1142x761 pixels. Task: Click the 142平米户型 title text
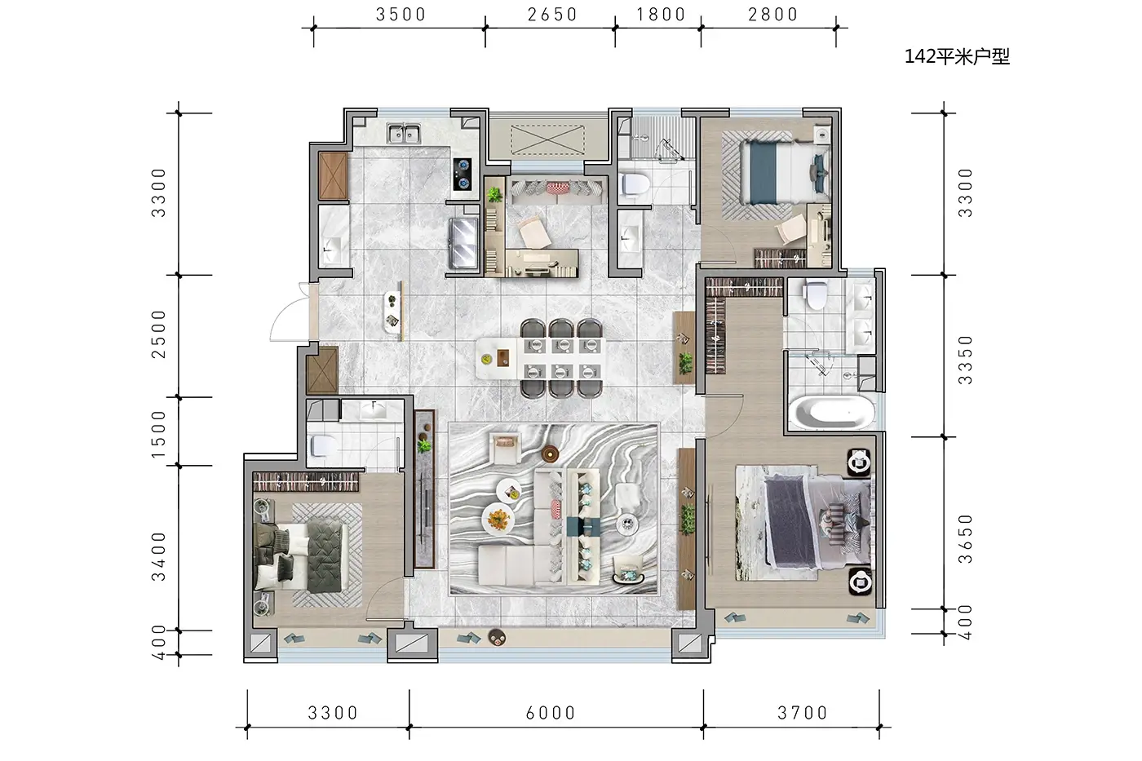point(957,56)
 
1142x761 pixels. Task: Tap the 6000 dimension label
point(551,713)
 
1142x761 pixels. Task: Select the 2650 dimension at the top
point(552,14)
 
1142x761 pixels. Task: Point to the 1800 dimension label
point(661,14)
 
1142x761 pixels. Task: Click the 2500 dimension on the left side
point(158,334)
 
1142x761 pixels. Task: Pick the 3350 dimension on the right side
point(965,360)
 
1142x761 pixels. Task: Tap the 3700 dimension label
point(803,713)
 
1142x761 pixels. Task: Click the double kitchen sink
point(404,134)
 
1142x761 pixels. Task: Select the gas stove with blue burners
point(463,174)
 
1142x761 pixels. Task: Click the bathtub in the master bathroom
point(832,413)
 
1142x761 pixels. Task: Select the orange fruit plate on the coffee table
point(498,519)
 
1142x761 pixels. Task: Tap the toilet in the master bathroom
point(815,295)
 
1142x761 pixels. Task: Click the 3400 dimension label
point(158,556)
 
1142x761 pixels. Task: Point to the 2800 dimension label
point(773,14)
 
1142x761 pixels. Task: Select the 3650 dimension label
point(965,539)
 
